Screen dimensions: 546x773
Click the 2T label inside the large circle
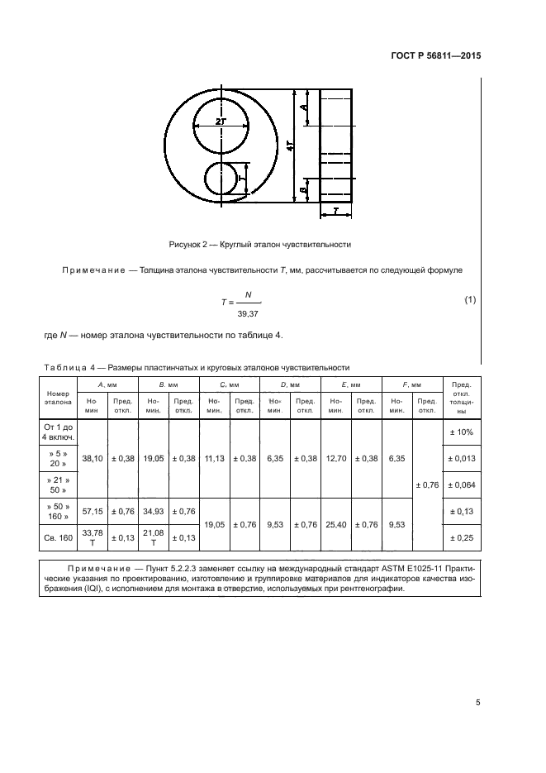pyautogui.click(x=221, y=121)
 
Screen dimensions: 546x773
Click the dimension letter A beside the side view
pyautogui.click(x=304, y=107)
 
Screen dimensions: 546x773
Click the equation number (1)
pyautogui.click(x=470, y=298)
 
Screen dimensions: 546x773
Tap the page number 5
pyautogui.click(x=477, y=703)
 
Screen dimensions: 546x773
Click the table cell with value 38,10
pyautogui.click(x=91, y=458)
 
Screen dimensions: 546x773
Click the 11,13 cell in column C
pyautogui.click(x=215, y=458)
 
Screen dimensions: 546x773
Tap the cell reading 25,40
pyautogui.click(x=335, y=523)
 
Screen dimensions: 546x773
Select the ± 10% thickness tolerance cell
pyautogui.click(x=461, y=432)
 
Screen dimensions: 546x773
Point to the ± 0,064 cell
pyautogui.click(x=461, y=484)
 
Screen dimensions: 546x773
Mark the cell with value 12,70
pyautogui.click(x=335, y=458)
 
